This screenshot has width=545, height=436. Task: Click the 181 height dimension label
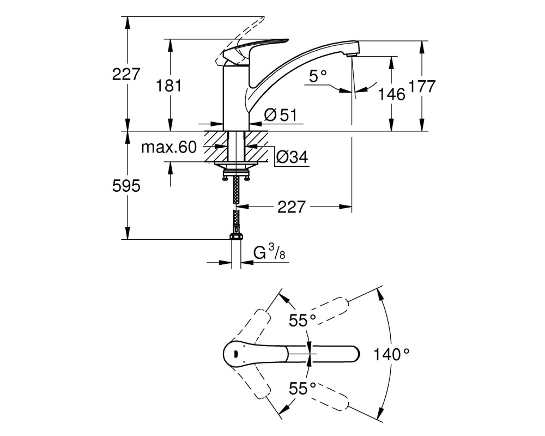168,86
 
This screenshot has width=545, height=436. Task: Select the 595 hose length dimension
126,186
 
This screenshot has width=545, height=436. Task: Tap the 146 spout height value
392,94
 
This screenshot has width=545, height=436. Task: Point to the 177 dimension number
422,86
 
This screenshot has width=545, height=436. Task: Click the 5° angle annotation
318,76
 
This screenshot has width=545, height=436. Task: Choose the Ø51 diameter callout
281,115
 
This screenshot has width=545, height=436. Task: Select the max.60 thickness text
169,147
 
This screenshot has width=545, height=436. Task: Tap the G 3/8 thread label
269,252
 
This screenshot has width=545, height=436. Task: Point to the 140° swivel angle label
391,355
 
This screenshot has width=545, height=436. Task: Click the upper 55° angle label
302,320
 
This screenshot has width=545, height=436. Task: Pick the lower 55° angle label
302,389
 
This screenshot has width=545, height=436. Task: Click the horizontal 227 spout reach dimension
291,207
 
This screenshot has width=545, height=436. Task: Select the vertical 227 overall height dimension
126,74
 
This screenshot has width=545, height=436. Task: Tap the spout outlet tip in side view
352,55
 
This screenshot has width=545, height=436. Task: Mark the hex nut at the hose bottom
237,237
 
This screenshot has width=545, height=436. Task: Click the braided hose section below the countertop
236,191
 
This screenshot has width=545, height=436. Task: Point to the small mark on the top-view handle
234,354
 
